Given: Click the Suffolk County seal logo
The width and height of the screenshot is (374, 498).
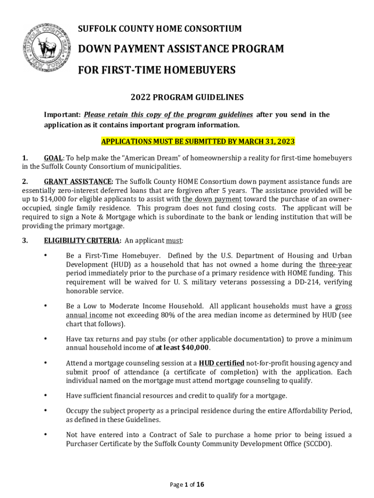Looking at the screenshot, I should point(44,46).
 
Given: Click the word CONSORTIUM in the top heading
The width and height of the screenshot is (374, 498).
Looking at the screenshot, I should point(215,29).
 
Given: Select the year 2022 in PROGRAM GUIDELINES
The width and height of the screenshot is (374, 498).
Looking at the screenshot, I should point(142,98).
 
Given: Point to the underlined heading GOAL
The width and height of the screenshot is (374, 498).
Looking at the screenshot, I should point(53,158).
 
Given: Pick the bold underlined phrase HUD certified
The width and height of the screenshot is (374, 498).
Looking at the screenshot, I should point(221,363).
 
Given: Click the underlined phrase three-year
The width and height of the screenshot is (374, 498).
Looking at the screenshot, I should point(335,265).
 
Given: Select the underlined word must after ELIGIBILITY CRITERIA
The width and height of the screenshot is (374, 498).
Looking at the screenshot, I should point(173,240).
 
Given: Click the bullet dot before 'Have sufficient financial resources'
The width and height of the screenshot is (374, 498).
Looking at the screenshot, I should point(45,395).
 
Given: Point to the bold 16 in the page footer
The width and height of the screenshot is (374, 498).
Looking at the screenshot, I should point(200,484).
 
